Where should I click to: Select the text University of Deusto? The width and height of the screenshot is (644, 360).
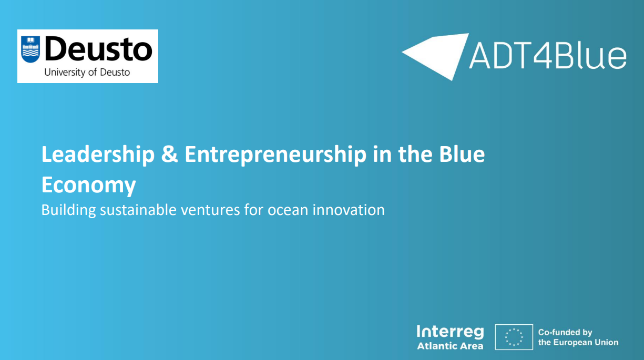pos(87,73)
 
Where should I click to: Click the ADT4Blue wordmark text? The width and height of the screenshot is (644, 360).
pos(547,56)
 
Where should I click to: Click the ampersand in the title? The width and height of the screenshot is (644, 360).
pos(169,155)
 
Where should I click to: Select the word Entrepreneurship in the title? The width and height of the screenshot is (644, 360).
pos(275,155)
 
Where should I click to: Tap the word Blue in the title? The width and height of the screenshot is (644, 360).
pos(461,155)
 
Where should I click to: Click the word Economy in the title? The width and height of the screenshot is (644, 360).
pos(88,185)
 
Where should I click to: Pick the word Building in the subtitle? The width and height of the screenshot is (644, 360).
pos(68,210)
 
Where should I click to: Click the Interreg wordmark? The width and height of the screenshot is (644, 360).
pos(450,332)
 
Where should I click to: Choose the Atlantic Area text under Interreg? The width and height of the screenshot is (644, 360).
pos(450,346)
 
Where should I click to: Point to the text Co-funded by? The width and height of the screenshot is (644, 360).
pos(565,332)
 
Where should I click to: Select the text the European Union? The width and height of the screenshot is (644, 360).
pos(578,343)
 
